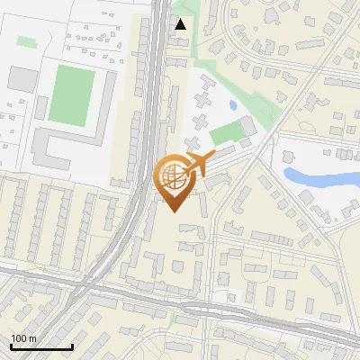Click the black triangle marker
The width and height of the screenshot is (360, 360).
(x=181, y=24)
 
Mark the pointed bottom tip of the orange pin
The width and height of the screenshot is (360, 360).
(x=174, y=212)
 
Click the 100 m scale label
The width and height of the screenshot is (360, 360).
(x=23, y=338)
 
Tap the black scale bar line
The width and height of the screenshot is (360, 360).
(x=41, y=346)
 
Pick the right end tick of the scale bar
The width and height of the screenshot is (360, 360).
(x=72, y=345)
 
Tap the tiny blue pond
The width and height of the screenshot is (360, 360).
(x=233, y=105)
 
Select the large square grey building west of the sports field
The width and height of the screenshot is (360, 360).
(x=21, y=78)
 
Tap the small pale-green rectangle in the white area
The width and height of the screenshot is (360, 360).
(x=26, y=40)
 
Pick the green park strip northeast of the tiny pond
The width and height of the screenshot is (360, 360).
(x=261, y=108)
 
